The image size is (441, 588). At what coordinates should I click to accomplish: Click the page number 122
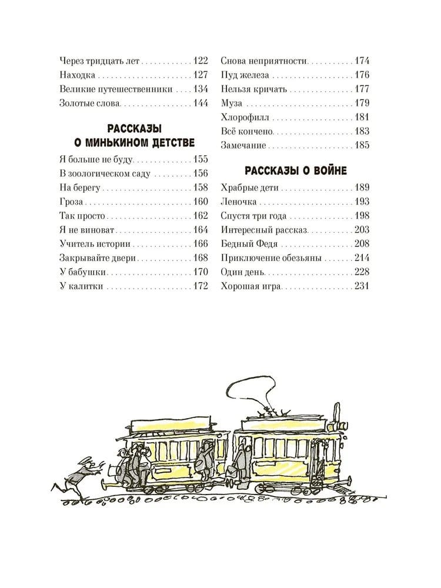(x=201, y=61)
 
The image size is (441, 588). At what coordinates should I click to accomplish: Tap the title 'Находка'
(x=78, y=75)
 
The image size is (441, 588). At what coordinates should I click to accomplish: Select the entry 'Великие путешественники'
(x=116, y=89)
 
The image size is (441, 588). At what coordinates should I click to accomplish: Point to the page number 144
(x=201, y=103)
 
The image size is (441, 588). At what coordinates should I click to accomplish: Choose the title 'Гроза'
(x=71, y=202)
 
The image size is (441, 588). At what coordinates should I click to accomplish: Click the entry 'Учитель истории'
(x=95, y=244)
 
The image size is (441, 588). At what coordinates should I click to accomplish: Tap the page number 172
(x=201, y=286)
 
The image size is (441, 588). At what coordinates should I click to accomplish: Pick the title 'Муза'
(x=232, y=103)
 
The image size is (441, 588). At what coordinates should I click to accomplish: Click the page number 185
(x=362, y=145)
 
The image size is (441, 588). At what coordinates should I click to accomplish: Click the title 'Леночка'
(x=239, y=202)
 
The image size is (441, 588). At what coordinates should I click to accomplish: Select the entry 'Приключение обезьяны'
(x=272, y=258)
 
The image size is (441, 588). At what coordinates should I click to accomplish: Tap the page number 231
(x=362, y=286)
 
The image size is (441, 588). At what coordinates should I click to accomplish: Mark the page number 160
(x=201, y=202)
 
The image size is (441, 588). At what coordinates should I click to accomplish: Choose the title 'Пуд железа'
(x=245, y=75)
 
